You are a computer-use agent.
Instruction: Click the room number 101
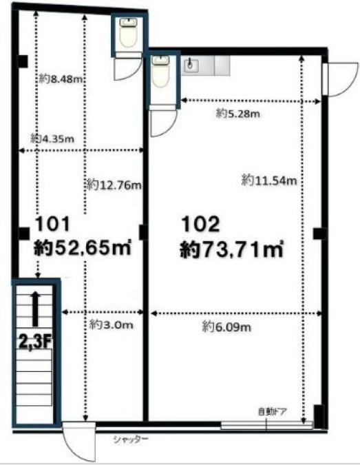(52, 224)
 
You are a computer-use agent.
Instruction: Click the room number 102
(200, 224)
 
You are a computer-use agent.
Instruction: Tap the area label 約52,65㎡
(83, 247)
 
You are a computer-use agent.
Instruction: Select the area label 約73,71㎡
(232, 249)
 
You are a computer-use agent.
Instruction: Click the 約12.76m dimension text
(114, 185)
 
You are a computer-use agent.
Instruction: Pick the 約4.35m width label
(52, 138)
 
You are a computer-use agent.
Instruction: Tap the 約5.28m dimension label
(238, 113)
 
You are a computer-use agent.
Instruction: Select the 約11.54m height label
(269, 180)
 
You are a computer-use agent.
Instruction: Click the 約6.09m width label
(226, 327)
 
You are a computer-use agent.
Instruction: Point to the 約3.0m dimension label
(111, 324)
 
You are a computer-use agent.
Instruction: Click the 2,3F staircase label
(36, 342)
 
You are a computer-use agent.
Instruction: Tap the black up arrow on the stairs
(36, 309)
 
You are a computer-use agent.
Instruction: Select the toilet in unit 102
(160, 72)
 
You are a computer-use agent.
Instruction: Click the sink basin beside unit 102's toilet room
(190, 65)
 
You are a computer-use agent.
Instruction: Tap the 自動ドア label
(273, 412)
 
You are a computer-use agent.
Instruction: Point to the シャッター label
(131, 440)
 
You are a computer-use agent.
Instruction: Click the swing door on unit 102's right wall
(340, 79)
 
